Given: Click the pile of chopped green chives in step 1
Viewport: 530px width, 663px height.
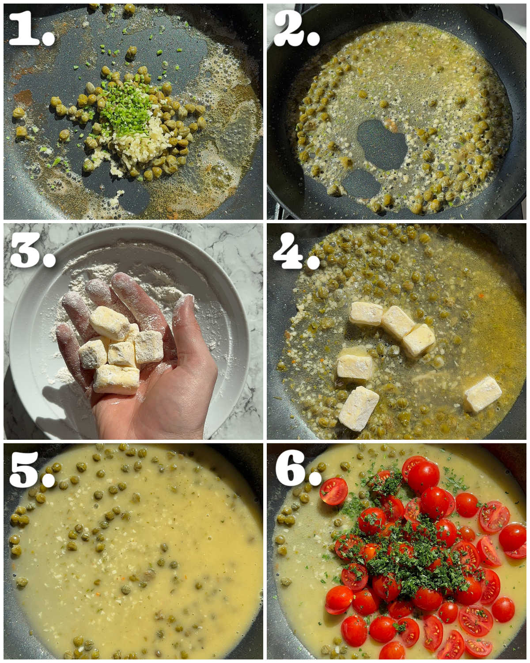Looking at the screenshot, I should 126,108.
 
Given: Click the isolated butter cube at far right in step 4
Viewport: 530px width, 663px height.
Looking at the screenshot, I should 482,393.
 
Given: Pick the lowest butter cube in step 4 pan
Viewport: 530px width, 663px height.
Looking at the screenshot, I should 359,408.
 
